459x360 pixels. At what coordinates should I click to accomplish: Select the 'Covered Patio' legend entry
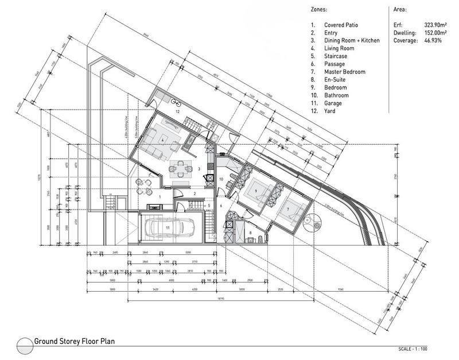pos(341,26)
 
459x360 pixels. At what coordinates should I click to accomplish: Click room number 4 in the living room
pos(164,140)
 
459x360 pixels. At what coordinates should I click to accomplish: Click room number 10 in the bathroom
pos(221,180)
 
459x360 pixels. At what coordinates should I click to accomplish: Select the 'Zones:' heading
pos(320,10)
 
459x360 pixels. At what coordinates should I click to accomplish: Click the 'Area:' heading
pos(399,10)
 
